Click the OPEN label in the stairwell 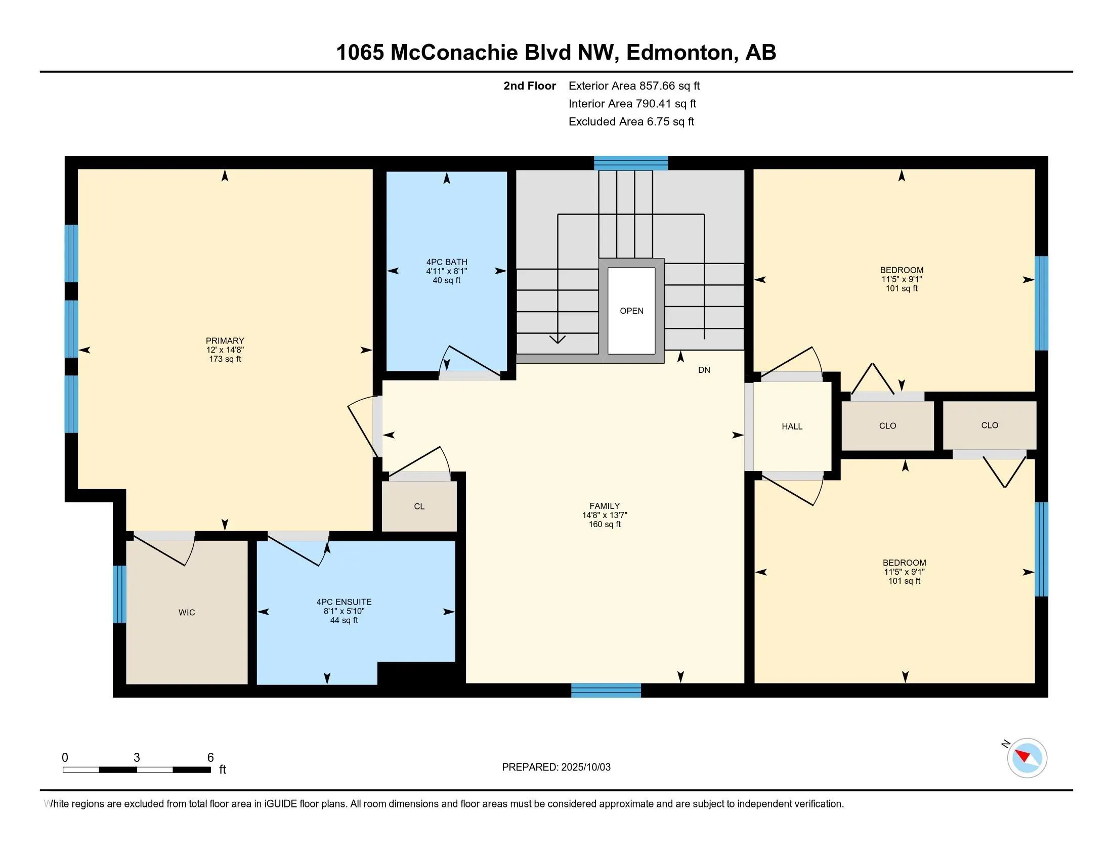pos(631,311)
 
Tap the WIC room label pos(187,613)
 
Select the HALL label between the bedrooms pos(792,426)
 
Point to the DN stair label pos(704,370)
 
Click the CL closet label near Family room pos(419,506)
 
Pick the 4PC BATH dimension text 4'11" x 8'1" pos(446,272)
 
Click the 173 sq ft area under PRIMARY pos(225,359)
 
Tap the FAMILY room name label pos(605,506)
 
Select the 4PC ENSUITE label pos(344,602)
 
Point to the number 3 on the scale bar pos(137,758)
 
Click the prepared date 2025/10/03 pos(585,767)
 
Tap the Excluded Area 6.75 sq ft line pos(631,122)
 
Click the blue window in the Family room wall pos(606,691)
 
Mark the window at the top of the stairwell pos(631,163)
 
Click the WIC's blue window pos(119,594)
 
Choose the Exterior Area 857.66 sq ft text pos(634,86)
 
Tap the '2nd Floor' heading pos(530,86)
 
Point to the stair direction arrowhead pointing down pos(558,339)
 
